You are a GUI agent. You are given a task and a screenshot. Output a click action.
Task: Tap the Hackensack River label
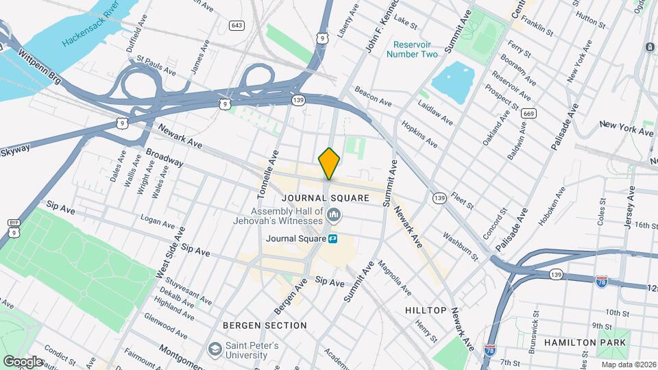point(91,28)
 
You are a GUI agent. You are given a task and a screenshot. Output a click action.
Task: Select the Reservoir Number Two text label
point(411,49)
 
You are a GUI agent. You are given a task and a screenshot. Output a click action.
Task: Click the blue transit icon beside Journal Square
point(333,238)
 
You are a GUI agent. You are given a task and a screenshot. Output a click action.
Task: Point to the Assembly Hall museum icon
point(334,217)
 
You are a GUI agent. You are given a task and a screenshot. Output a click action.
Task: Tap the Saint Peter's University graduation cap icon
point(215,349)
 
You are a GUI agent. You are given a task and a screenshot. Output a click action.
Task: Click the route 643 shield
point(237,25)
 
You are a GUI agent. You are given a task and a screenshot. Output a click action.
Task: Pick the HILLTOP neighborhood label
point(426,310)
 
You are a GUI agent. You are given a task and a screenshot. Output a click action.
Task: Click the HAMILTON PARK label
point(585,341)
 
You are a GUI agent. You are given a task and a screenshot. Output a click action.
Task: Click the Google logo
point(23,361)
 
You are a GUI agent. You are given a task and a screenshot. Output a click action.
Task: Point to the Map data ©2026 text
point(628,365)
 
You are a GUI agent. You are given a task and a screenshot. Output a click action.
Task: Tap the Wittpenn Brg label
point(40,66)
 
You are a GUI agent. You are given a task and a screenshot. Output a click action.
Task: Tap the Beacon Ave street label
point(373,96)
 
